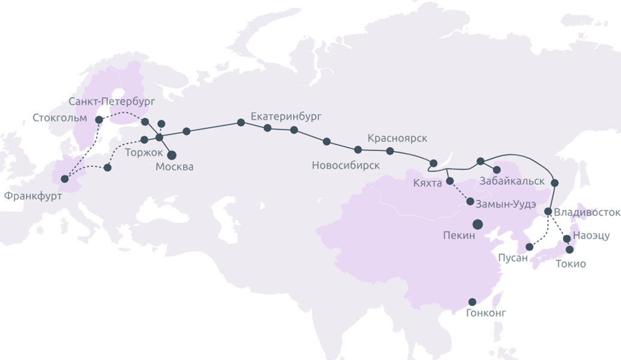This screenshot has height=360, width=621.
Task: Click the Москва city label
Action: tap(175, 167)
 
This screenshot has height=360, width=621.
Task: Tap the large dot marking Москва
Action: tap(172, 155)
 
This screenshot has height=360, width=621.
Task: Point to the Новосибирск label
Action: tap(346, 165)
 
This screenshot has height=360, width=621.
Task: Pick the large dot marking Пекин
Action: tap(478, 224)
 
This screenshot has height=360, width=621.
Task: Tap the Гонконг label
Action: tap(486, 313)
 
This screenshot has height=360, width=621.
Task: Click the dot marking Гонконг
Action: tap(472, 302)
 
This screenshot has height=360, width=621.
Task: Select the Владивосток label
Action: tap(586, 212)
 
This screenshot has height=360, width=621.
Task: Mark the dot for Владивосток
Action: tap(548, 211)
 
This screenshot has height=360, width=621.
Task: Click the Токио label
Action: tap(571, 263)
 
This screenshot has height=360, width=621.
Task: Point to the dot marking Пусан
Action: tap(529, 247)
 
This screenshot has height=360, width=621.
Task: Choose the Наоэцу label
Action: tap(591, 236)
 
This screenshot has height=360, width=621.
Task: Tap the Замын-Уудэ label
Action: tap(506, 203)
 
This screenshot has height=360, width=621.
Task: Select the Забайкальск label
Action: tap(512, 181)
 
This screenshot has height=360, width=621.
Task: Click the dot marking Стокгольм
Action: tap(99, 120)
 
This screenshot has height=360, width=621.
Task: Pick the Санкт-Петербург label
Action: tap(112, 100)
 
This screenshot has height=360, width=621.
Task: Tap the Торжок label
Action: tap(143, 152)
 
